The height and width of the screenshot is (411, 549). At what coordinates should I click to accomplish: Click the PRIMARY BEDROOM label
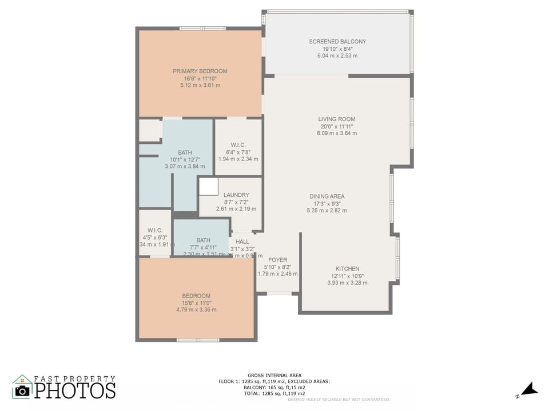pos(200,71)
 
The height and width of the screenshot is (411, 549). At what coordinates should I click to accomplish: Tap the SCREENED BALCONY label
pos(337,42)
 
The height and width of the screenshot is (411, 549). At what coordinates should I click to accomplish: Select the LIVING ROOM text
pos(337,119)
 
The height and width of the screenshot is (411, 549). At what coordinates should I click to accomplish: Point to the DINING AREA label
pos(327,196)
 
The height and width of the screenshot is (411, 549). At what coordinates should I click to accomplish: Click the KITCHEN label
pos(347,269)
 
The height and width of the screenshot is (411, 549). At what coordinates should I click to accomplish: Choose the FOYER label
pos(278,260)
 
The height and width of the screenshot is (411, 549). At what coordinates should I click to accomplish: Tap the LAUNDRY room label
pos(236,195)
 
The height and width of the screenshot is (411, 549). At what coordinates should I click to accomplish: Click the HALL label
pos(242,241)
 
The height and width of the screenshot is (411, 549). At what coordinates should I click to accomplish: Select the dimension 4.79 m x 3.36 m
pos(196,310)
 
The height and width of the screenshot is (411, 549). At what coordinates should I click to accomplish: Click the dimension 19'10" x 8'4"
pos(337,49)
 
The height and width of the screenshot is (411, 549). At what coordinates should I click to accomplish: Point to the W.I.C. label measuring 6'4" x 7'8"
pos(238,145)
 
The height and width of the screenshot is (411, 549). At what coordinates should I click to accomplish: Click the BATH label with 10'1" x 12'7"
pos(185,152)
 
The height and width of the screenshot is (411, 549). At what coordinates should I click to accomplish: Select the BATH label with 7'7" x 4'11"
pos(203,240)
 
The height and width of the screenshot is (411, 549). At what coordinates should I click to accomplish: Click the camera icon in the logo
pos(22,390)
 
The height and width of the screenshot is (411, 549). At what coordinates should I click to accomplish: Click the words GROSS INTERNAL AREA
pos(274,375)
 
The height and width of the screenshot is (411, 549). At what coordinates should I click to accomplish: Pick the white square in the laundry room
pos(209,187)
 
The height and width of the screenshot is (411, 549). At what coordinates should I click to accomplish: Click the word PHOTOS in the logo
pos(75,391)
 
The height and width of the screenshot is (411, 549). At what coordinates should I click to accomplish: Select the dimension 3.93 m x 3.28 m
pos(347,283)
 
